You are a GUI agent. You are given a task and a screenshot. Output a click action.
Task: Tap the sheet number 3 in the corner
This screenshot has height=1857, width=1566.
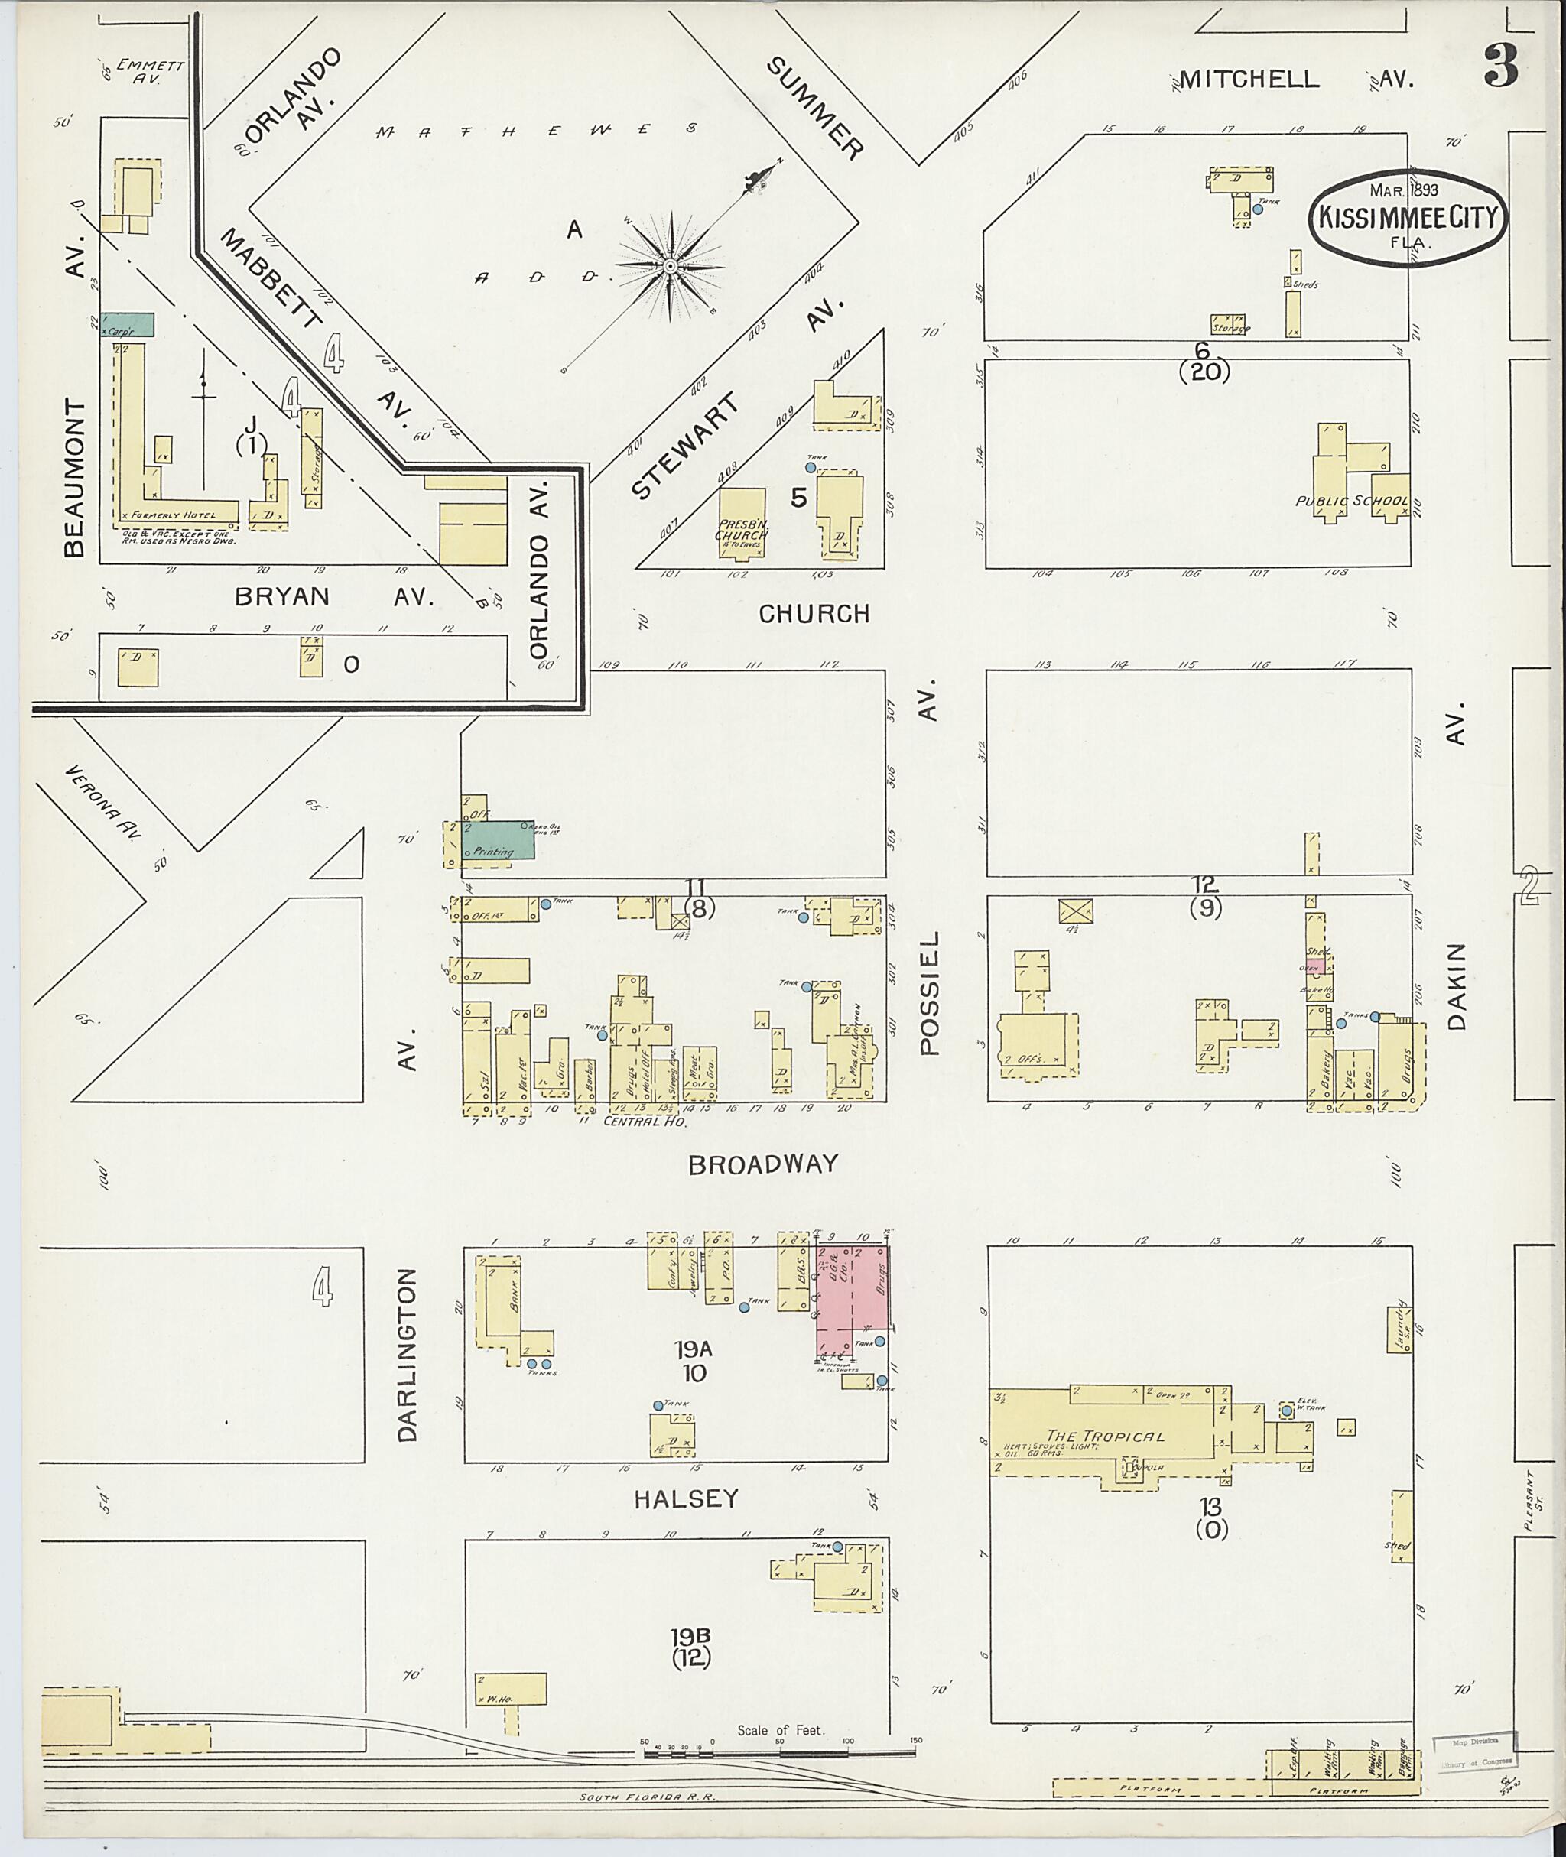(x=1499, y=67)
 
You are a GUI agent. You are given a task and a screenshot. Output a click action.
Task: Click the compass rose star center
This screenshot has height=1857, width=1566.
(x=671, y=265)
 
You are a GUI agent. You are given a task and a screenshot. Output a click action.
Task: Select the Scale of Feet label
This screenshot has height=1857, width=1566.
(x=781, y=1730)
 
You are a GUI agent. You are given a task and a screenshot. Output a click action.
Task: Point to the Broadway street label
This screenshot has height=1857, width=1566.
(x=762, y=1164)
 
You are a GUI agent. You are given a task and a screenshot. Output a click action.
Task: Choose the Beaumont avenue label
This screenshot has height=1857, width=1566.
(x=76, y=479)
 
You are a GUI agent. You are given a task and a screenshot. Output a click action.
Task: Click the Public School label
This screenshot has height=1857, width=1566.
(x=1352, y=502)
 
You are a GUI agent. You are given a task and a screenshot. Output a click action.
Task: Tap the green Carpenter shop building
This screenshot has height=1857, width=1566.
(x=127, y=325)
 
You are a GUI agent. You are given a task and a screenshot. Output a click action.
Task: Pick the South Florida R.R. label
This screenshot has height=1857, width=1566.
(x=648, y=1797)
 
